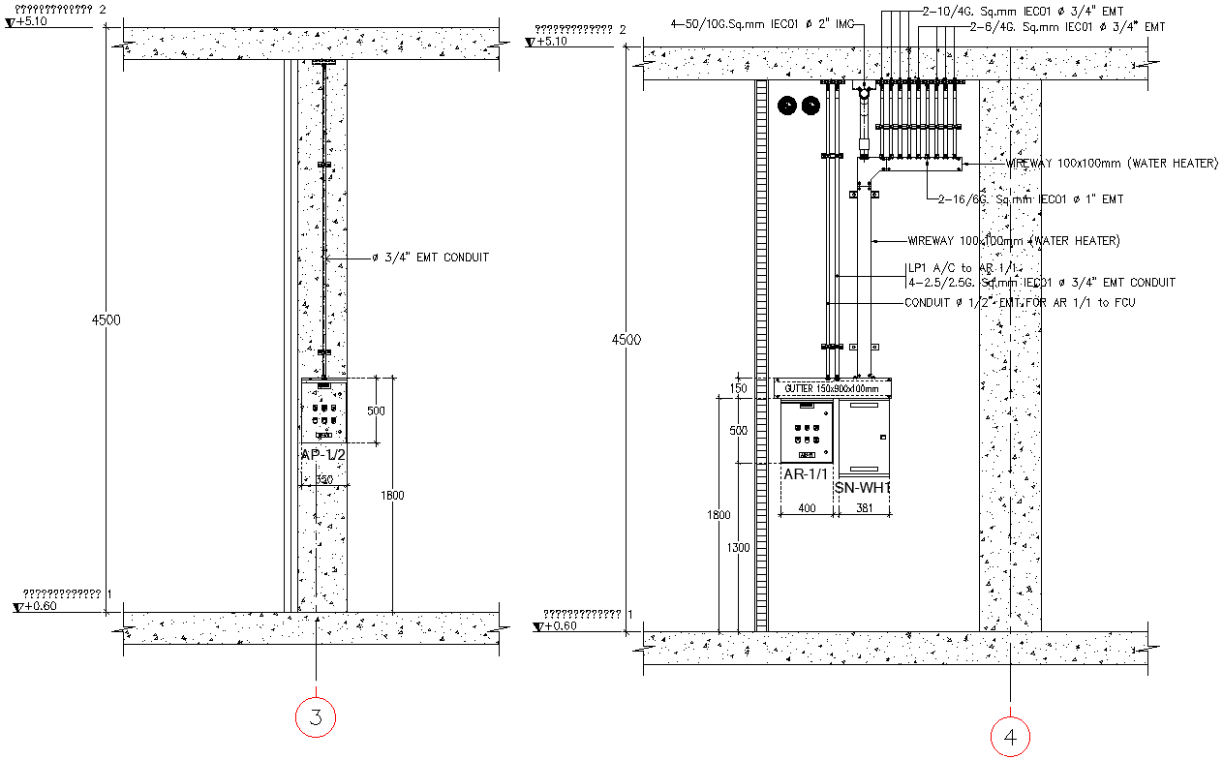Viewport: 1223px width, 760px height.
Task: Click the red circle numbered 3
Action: (x=316, y=717)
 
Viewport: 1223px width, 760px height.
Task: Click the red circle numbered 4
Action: (x=1010, y=738)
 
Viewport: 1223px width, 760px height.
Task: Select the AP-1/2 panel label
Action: (x=324, y=455)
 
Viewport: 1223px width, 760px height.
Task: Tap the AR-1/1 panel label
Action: (x=806, y=473)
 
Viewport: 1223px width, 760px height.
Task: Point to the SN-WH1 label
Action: (x=862, y=488)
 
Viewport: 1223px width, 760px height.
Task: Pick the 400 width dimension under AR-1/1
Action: (x=806, y=507)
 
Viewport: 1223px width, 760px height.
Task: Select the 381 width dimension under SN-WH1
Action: (x=864, y=507)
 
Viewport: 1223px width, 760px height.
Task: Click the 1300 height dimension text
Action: (x=738, y=548)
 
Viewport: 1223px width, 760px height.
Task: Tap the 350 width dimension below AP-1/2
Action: (x=324, y=480)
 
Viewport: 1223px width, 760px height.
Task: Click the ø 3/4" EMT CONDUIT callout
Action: (x=430, y=258)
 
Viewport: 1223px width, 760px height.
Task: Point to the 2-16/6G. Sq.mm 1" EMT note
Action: (x=1030, y=199)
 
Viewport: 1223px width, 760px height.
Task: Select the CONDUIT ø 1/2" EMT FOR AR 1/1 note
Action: (x=1020, y=303)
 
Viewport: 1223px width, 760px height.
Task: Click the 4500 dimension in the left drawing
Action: (x=107, y=320)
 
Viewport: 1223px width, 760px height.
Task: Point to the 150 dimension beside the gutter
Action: (x=739, y=388)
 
